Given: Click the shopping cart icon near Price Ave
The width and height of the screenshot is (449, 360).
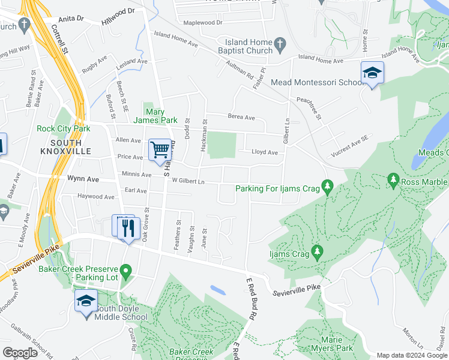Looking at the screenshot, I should (160, 150).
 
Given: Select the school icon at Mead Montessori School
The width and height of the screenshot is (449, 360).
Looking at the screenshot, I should (372, 73).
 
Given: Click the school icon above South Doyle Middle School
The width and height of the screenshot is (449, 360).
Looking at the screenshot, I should (86, 301).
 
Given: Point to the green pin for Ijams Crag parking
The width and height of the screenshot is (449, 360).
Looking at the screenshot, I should (327, 188).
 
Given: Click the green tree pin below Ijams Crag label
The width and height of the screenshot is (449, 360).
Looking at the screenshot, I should (318, 254).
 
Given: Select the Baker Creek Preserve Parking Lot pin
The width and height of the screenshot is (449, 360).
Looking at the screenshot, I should (126, 272).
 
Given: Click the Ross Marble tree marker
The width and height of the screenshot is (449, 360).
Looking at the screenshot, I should (394, 179).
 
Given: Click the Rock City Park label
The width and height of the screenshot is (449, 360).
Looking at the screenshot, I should (63, 128).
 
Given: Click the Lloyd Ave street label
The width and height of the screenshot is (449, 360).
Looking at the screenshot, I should (265, 152).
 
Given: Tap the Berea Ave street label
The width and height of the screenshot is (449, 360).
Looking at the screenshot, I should (241, 118).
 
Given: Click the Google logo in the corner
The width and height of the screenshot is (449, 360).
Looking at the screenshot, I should (20, 353).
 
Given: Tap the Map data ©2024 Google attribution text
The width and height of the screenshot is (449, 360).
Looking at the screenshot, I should (411, 355).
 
